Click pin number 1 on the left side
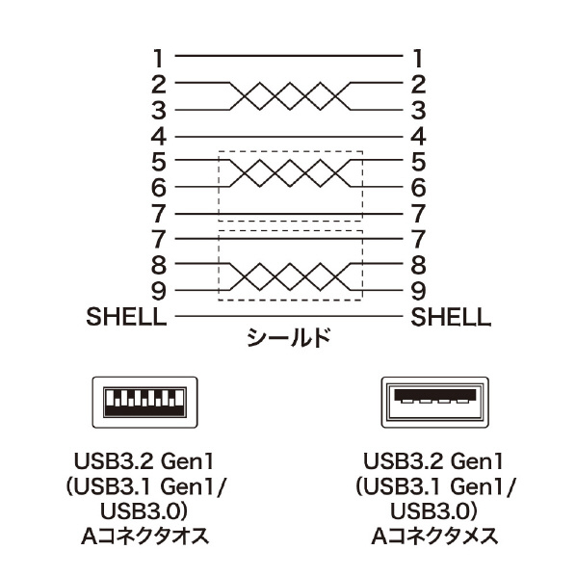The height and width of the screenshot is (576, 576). coord(158,58)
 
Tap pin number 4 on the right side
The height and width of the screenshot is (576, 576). coord(418,137)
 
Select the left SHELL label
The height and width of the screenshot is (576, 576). coord(126,316)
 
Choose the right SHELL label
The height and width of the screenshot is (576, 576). coord(451,317)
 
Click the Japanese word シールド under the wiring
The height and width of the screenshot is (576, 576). coord(289,337)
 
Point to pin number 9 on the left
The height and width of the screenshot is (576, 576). coord(159,291)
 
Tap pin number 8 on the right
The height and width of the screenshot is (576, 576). coord(418,265)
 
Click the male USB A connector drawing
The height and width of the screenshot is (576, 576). coord(144,403)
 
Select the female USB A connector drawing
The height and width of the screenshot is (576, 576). coord(435,403)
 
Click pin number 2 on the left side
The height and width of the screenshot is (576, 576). coord(159,85)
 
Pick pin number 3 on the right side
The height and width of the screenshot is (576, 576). coord(418,111)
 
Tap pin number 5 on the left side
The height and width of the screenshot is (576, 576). coord(159,162)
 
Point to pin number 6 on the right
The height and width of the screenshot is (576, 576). coord(418,188)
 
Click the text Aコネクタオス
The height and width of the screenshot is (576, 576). coord(144,537)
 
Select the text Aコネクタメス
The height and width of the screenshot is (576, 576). coord(435,537)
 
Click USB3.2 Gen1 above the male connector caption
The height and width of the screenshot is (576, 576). coord(144,461)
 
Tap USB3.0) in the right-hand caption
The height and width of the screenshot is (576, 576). coord(433,511)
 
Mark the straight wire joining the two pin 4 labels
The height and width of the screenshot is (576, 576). coord(289,137)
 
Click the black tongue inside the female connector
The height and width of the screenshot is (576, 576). coord(435,394)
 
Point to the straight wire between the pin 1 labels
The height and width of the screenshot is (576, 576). coord(289,56)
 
